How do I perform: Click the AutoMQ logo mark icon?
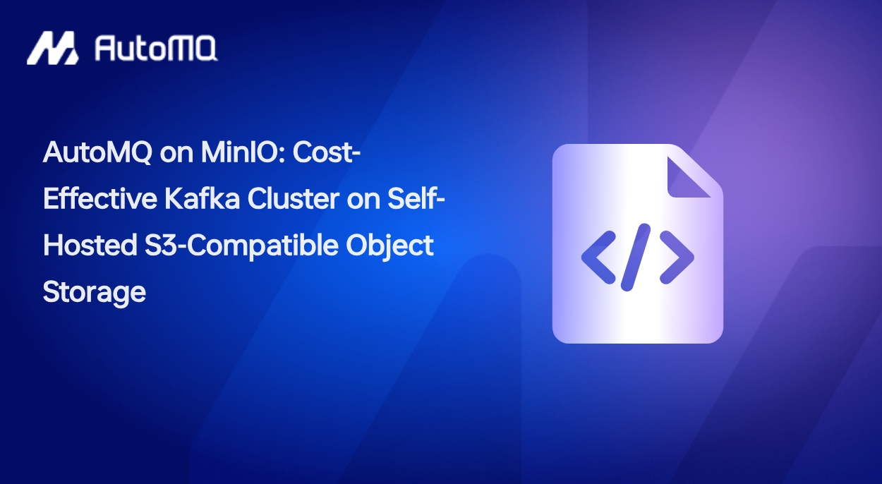pos(52,48)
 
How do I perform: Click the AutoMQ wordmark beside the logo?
pos(155,49)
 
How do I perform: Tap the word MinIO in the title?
pos(246,153)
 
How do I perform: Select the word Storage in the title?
pos(94,291)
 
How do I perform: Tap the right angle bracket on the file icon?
pos(677,257)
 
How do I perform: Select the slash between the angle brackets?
pos(637,257)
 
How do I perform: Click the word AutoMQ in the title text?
pos(97,153)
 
